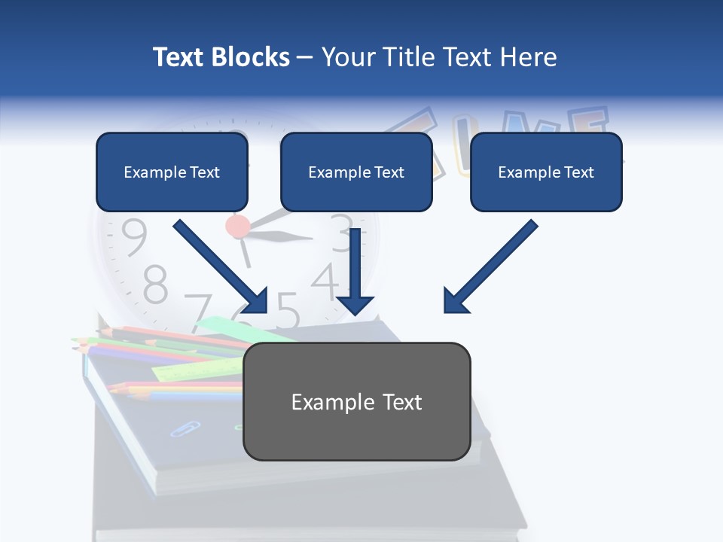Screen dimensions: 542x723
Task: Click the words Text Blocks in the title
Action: [221, 57]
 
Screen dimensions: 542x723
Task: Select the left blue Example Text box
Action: [172, 172]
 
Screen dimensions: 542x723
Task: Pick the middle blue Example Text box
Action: [356, 172]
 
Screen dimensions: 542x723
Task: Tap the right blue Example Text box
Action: [546, 172]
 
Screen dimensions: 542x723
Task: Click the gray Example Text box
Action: [356, 402]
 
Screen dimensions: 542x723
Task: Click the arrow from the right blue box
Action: [490, 267]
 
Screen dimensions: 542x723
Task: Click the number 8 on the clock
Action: [155, 284]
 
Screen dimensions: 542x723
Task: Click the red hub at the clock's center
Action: [237, 225]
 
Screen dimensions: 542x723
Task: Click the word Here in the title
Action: [525, 57]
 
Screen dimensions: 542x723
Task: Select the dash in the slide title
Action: [306, 58]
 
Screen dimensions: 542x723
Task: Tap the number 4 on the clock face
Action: [325, 280]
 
